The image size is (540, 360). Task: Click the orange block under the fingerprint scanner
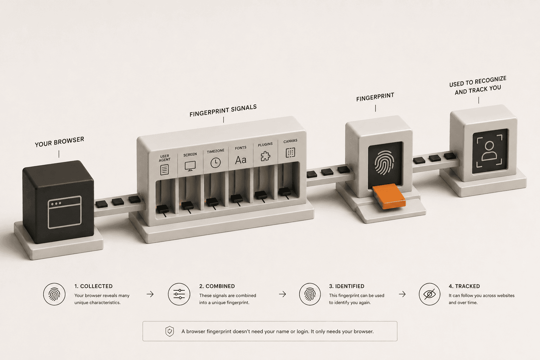(388, 196)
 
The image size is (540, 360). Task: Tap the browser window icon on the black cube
(65, 212)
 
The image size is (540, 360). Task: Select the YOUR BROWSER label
(59, 142)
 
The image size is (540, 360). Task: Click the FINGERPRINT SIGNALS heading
(223, 111)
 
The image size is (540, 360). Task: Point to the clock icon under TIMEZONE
(216, 163)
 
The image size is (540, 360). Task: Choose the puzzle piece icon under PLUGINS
(265, 156)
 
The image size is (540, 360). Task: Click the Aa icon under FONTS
(240, 160)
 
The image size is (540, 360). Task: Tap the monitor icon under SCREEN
(190, 166)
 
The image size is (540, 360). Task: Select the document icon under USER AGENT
(165, 170)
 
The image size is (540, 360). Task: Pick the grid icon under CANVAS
(290, 153)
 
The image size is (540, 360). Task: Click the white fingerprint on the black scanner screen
(384, 162)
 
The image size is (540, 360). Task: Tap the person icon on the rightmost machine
(489, 151)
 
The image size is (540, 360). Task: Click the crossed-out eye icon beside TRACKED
(430, 294)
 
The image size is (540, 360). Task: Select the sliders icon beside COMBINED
(179, 294)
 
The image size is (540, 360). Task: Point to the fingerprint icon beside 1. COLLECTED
(54, 294)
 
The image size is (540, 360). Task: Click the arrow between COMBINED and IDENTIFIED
(282, 294)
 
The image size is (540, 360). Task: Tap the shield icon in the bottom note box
(170, 331)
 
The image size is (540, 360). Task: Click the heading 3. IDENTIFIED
(347, 286)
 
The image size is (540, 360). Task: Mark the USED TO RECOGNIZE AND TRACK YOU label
(478, 85)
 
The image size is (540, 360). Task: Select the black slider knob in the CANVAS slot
(285, 192)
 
